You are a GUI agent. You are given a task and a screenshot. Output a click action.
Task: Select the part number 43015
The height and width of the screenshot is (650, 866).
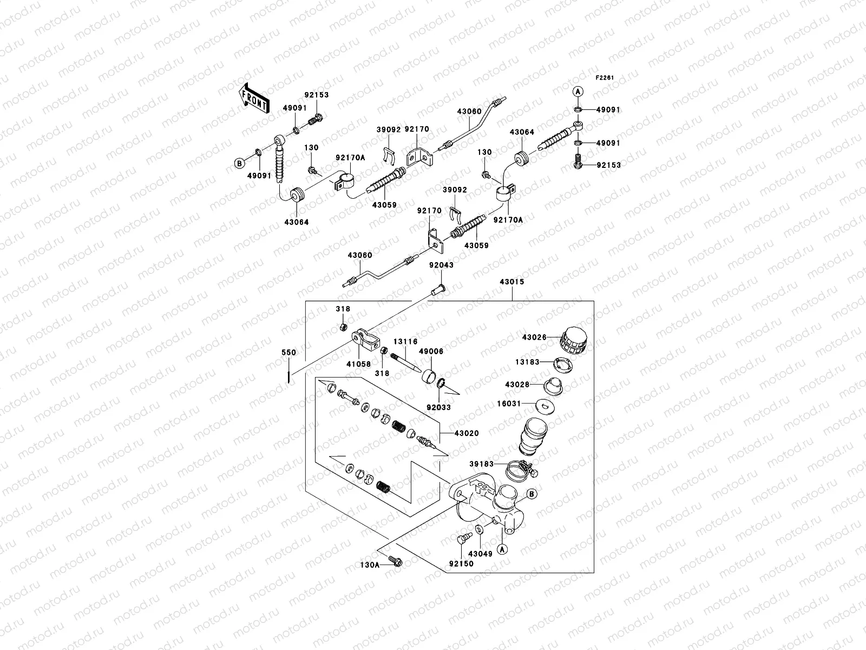point(511,282)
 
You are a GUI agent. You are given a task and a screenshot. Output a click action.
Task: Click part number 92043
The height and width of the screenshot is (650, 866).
point(441,265)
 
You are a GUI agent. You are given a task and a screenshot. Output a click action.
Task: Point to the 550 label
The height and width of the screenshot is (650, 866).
point(289,353)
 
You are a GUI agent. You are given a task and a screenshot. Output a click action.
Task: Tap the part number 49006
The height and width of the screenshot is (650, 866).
point(431,352)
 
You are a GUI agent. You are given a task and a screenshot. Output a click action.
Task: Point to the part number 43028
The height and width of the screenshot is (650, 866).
point(517,384)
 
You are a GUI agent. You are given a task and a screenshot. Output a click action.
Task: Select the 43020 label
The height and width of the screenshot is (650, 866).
point(467,433)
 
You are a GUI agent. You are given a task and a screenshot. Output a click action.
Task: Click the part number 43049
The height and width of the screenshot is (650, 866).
point(480,554)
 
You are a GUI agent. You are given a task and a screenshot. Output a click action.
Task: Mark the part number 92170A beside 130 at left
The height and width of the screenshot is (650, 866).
point(350,158)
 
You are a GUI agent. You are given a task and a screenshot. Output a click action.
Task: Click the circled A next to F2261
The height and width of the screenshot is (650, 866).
point(578,92)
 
